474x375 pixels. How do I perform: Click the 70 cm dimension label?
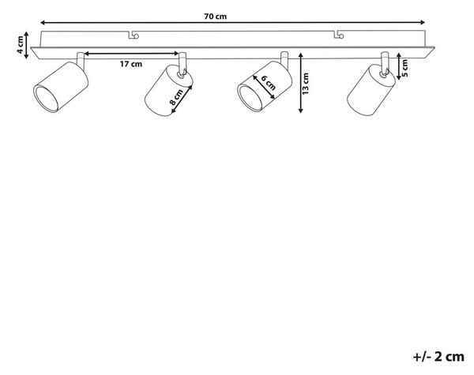tap(215, 17)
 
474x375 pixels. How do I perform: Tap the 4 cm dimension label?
tap(20, 45)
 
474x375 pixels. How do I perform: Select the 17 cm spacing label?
tap(131, 64)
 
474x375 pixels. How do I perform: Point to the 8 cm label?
tap(176, 97)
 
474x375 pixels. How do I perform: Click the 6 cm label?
tap(268, 82)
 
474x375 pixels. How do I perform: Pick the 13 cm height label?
tap(305, 84)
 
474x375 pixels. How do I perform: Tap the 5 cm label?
tap(404, 68)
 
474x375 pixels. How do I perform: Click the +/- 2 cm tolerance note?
tap(438, 357)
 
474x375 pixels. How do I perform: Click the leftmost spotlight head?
tap(61, 87)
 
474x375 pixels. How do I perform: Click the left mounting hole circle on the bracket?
tap(137, 36)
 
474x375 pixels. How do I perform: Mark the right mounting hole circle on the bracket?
tap(341, 36)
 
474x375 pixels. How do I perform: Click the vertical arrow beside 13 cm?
tap(300, 83)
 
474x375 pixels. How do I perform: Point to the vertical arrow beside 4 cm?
tap(26, 45)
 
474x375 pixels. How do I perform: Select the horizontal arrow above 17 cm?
tap(131, 54)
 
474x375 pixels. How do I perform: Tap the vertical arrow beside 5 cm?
tap(399, 66)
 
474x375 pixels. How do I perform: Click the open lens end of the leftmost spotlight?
tap(46, 99)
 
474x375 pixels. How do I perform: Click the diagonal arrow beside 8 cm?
tap(182, 99)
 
